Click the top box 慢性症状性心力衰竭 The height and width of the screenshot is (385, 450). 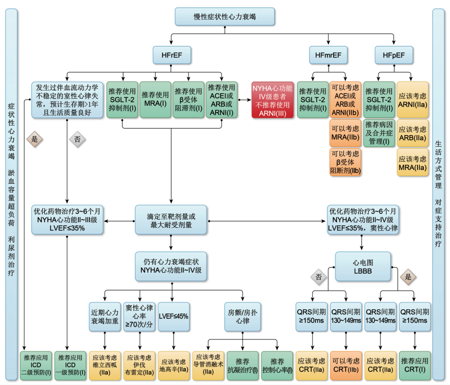(224, 17)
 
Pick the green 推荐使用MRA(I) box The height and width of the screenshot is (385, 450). (155, 100)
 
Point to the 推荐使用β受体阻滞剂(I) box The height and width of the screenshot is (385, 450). (188, 100)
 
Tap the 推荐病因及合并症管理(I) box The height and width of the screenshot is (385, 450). (379, 133)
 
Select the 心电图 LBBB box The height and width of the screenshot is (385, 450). (362, 266)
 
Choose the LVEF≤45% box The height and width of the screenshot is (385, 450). (173, 316)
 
